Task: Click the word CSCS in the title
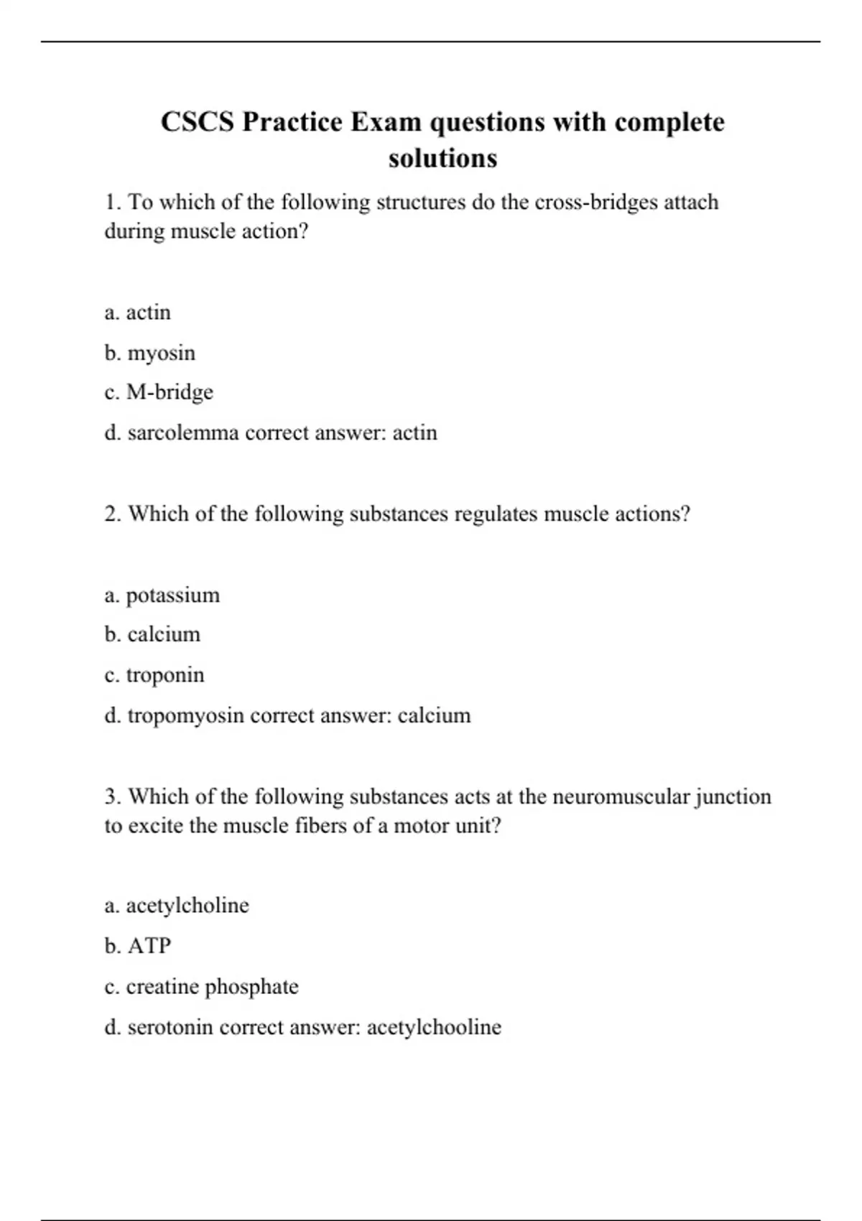(x=197, y=122)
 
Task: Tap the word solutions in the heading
(x=442, y=158)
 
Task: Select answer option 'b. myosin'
(x=149, y=353)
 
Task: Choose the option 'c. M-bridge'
(x=159, y=392)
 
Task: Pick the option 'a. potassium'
(x=162, y=595)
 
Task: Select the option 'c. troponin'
(x=154, y=675)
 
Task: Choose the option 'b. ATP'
(x=138, y=946)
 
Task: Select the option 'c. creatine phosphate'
(x=201, y=987)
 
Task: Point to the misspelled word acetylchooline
(x=434, y=1027)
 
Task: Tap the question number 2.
(x=113, y=514)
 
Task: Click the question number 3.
(x=113, y=797)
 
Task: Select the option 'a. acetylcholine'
(x=177, y=906)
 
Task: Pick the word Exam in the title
(x=385, y=122)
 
